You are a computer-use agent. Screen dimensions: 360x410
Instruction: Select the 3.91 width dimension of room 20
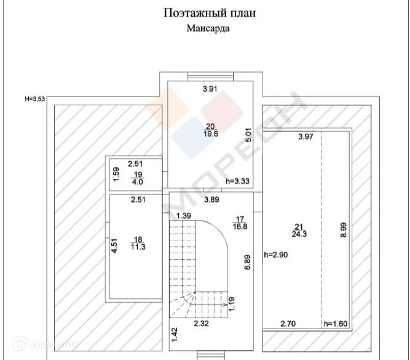point(211,89)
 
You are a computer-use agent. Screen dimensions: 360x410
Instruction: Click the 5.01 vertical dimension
point(248,135)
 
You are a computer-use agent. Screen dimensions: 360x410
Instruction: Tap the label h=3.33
point(238,182)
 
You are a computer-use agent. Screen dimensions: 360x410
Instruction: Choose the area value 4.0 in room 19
point(138,182)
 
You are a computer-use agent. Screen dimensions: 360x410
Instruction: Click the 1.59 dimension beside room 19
point(116,174)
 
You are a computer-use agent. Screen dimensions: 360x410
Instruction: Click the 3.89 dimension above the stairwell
point(212,199)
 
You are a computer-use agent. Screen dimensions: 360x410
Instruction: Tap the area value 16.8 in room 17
point(240,226)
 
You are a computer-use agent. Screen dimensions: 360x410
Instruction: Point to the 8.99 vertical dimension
point(345,230)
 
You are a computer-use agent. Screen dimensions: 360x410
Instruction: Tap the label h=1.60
point(336,324)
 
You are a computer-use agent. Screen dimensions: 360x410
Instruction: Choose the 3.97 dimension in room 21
point(306,137)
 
